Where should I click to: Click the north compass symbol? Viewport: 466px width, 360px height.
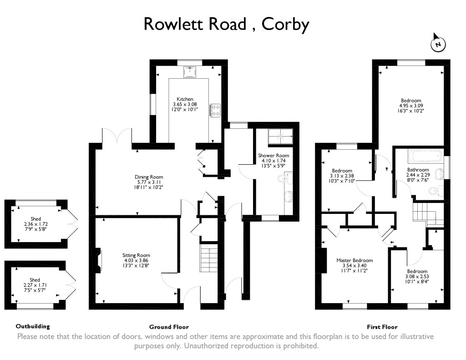tap(438, 44)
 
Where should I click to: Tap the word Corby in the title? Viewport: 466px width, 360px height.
tap(286, 24)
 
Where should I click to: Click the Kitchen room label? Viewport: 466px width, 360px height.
tap(185, 99)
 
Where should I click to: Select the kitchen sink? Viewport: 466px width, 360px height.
tap(190, 72)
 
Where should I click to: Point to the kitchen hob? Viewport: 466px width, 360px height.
tap(215, 110)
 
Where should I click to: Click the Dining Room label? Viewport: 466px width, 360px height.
tap(148, 177)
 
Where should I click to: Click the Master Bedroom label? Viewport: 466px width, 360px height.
tap(351, 261)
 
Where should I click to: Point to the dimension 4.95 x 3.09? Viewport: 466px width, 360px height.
tap(411, 106)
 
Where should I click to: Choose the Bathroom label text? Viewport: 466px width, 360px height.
tap(418, 170)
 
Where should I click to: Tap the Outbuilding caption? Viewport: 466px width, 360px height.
tap(32, 326)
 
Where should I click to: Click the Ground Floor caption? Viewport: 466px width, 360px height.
tap(169, 327)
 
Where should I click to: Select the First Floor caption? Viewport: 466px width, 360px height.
tap(382, 327)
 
